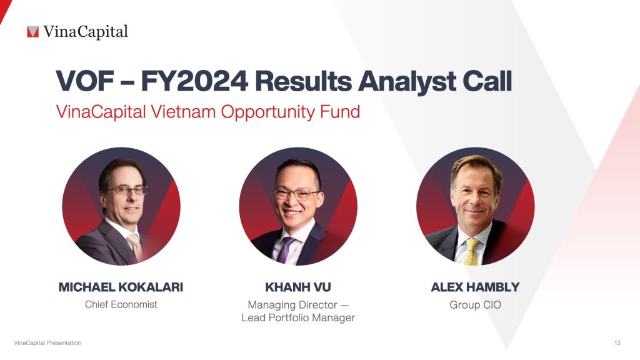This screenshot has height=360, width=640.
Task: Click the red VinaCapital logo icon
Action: point(33,31)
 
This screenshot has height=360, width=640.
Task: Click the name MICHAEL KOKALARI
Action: point(121,287)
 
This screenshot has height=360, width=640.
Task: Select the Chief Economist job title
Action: point(121,305)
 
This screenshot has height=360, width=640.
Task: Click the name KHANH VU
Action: point(298,287)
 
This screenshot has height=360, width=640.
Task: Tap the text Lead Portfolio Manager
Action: point(298,318)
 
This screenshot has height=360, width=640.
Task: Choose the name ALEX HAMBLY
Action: point(475,287)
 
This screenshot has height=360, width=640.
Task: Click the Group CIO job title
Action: point(475,305)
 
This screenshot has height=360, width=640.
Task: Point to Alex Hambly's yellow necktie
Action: point(471,251)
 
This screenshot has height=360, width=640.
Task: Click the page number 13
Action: point(617,343)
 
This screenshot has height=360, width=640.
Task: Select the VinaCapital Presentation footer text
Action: point(47,343)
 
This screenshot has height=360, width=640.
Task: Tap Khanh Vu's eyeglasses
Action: point(297,194)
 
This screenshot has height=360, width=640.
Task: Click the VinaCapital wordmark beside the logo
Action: point(86,31)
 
